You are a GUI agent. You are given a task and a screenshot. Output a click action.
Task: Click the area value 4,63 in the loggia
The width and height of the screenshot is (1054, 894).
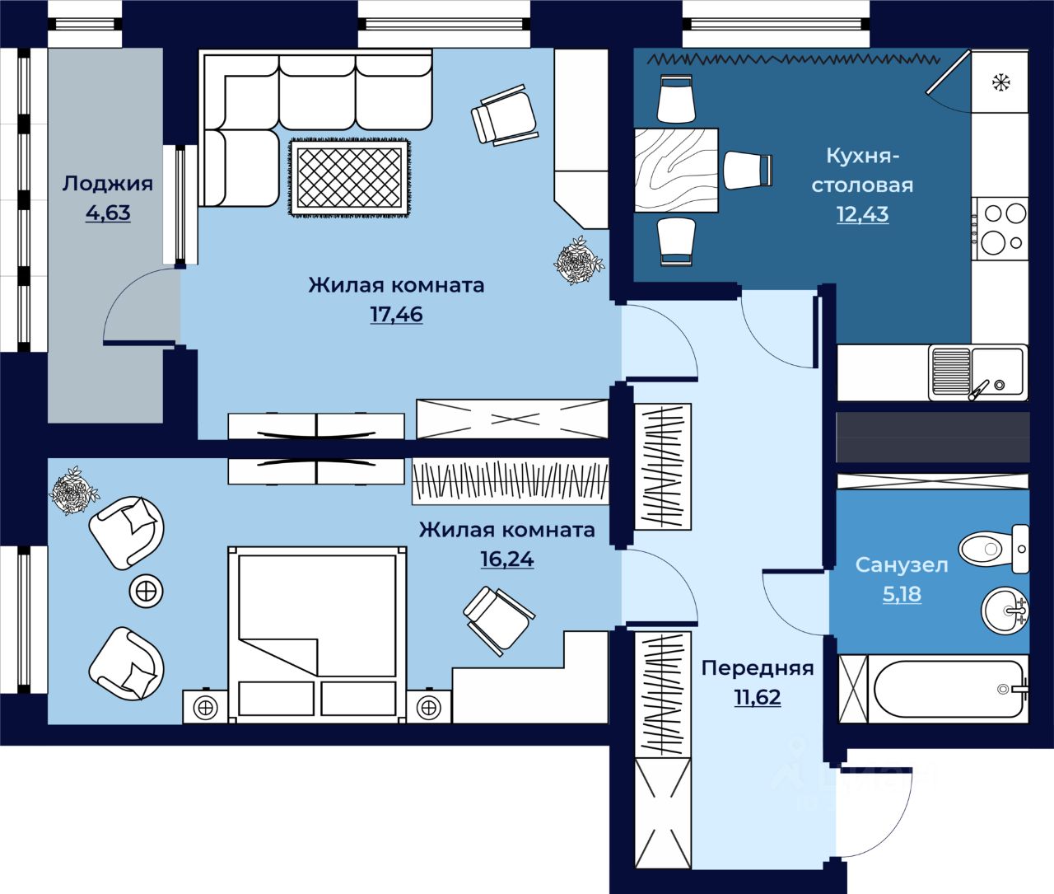click(108, 213)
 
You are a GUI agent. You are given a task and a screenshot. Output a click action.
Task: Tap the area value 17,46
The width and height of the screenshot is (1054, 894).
click(396, 314)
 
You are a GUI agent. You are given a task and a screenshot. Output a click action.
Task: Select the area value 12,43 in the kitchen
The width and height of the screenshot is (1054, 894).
click(862, 213)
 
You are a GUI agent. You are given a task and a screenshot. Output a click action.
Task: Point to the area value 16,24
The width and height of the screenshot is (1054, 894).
click(507, 559)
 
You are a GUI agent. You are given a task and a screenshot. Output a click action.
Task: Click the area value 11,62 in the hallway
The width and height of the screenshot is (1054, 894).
click(758, 697)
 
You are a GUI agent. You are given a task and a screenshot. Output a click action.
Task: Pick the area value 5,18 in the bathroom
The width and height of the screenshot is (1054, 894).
click(902, 594)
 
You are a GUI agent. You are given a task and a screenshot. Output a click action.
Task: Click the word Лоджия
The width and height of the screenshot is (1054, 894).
click(108, 184)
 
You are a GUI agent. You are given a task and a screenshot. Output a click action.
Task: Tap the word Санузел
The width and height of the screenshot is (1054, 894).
click(902, 565)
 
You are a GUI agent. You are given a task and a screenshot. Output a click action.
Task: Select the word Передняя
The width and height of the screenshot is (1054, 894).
click(758, 668)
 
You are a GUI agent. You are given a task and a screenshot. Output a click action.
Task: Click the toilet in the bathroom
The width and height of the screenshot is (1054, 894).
click(994, 549)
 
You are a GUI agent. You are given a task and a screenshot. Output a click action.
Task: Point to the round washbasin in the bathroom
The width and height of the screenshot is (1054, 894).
click(1005, 611)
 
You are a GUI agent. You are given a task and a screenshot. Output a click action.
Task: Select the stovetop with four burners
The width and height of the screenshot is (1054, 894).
click(1000, 228)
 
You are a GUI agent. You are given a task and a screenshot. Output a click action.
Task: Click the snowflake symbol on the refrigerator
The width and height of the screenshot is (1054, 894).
click(1001, 82)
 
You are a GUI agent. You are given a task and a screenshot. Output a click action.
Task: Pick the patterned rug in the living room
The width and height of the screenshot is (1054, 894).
click(350, 178)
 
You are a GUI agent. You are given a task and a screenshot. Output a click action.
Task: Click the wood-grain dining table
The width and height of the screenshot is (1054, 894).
click(676, 170)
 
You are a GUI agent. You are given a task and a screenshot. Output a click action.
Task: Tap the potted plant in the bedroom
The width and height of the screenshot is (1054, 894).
click(73, 490)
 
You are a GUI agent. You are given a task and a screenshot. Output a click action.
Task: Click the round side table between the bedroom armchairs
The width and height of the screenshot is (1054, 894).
click(147, 592)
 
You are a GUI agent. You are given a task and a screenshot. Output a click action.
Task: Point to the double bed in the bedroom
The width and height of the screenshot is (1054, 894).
click(317, 634)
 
